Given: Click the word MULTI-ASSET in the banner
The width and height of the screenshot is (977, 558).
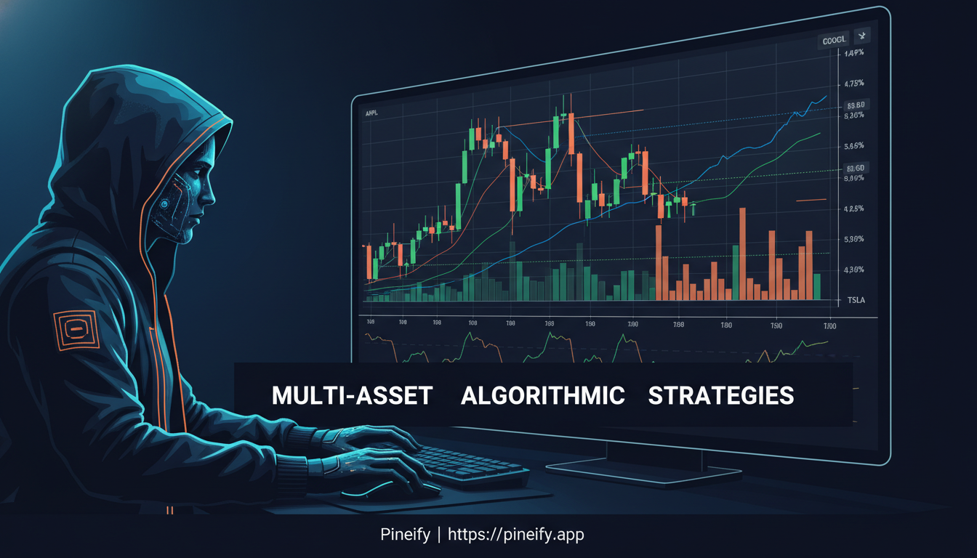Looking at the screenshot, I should (352, 396).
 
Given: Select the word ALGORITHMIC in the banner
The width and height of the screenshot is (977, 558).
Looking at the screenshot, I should (542, 396).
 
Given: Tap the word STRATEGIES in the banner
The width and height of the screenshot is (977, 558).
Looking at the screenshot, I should (720, 396).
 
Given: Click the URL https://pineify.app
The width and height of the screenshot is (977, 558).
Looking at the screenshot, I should (515, 535).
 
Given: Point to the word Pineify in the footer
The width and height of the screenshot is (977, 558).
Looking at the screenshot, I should (406, 535).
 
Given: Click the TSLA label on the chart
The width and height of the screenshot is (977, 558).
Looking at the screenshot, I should (856, 300).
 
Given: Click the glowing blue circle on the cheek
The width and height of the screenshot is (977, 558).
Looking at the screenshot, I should (166, 206).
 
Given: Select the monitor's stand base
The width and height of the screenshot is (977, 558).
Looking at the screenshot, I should (643, 472).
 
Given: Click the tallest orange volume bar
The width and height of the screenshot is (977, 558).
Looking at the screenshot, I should (742, 254).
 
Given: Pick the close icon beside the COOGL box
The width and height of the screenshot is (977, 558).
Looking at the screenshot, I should (863, 36).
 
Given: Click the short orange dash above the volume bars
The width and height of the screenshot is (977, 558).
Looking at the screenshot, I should (812, 200).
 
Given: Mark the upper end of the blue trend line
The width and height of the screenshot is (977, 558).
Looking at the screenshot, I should (826, 96).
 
